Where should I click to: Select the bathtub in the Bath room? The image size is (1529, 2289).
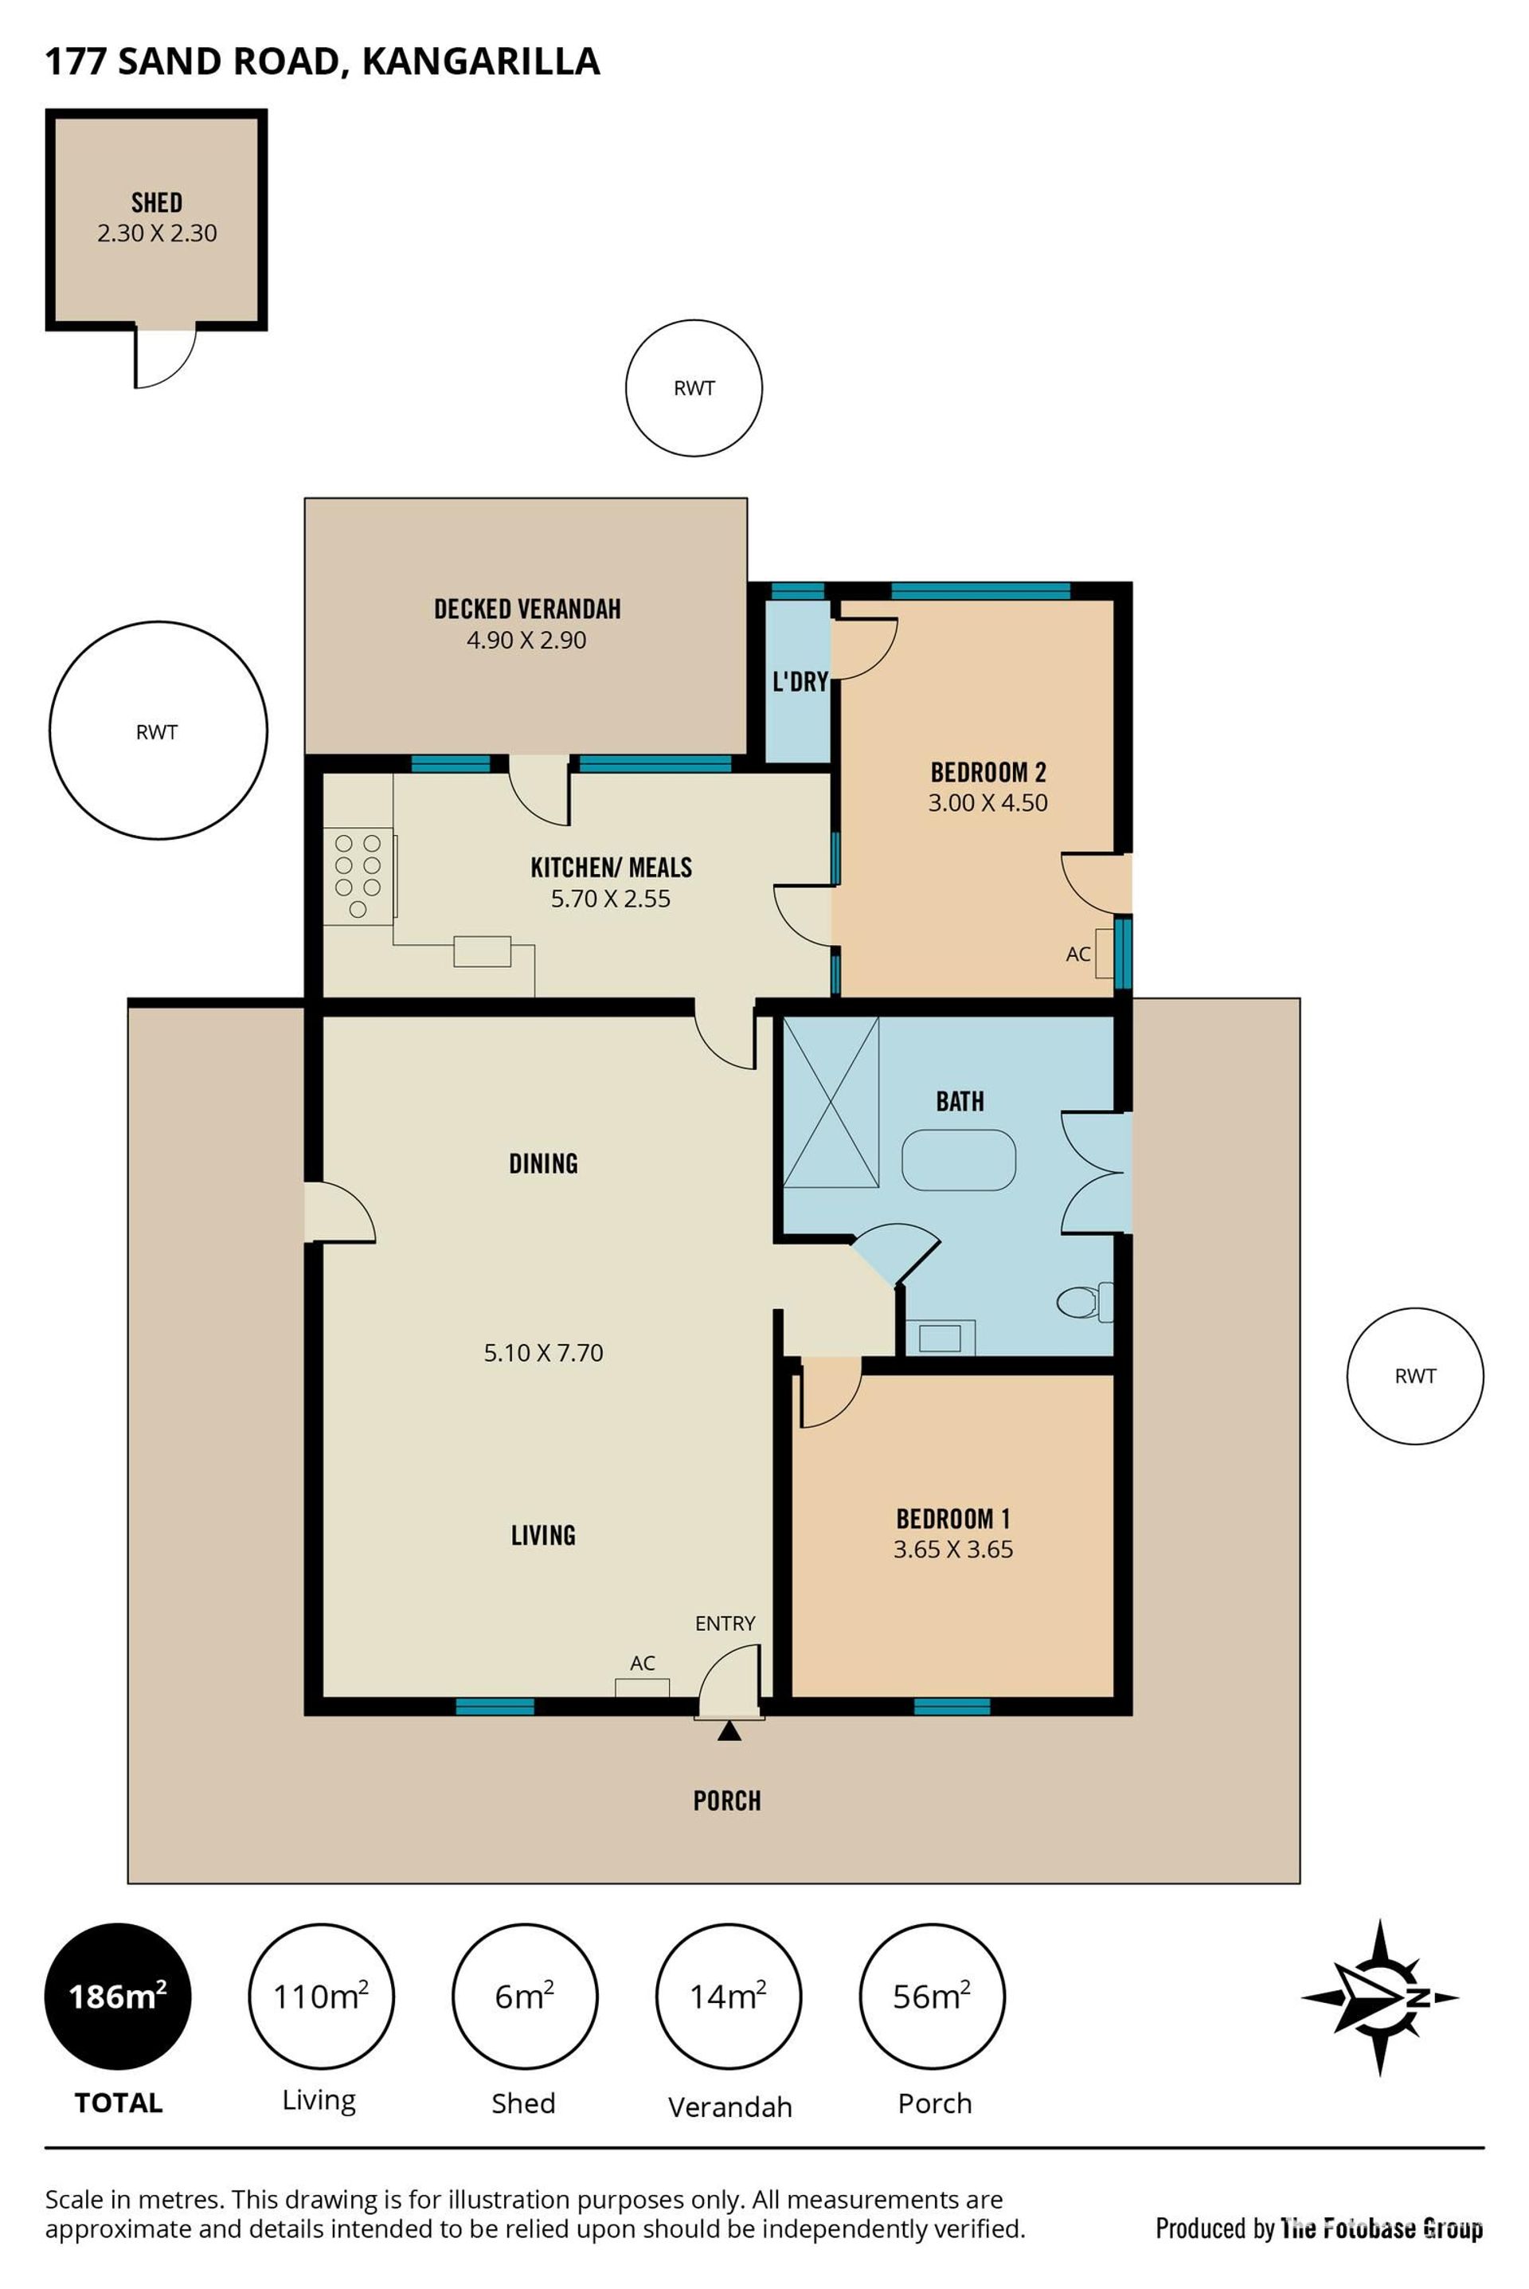click(959, 1159)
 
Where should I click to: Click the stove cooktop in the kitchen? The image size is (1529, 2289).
click(358, 876)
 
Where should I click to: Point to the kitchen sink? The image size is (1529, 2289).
click(482, 951)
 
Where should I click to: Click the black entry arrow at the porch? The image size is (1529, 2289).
click(729, 1731)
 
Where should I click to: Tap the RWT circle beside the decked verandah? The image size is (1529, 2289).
click(158, 730)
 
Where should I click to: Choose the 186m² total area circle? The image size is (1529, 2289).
click(118, 1997)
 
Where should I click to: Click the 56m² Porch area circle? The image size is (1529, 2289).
click(933, 1997)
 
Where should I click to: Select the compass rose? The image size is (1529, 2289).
click(1380, 1997)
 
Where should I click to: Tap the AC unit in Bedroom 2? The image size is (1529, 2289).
click(1105, 953)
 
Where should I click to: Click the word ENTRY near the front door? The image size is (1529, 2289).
click(725, 1623)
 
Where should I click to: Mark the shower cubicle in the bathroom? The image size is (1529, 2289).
click(831, 1102)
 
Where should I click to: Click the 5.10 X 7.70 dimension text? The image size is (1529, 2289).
click(543, 1353)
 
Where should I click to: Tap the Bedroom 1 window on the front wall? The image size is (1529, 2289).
click(952, 1706)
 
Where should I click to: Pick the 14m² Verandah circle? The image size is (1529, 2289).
click(729, 1997)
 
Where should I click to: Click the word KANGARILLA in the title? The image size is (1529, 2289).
click(481, 61)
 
